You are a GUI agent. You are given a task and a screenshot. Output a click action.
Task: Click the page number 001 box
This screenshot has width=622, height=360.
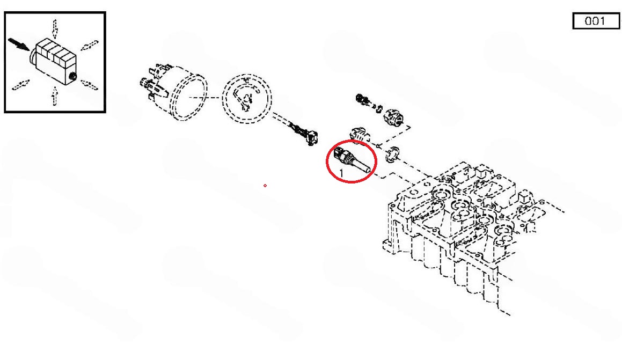coord(596,21)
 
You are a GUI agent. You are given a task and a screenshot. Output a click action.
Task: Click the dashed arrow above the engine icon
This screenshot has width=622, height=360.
coord(55,29)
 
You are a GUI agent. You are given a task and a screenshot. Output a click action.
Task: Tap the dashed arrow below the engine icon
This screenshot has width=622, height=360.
coord(55,96)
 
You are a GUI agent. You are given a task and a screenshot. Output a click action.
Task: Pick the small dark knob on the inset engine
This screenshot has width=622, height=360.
coord(72,76)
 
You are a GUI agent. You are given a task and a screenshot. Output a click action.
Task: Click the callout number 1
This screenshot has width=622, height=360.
coord(341,174)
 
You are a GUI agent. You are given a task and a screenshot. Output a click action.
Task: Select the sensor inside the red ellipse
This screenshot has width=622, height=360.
coord(353,160)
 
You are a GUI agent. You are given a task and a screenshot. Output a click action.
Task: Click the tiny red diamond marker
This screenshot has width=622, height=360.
coord(265,186)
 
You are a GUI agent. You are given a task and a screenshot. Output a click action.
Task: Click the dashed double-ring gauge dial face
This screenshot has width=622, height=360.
coord(247,98)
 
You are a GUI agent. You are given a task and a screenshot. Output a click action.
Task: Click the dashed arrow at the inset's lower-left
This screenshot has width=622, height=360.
coord(20,84)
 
